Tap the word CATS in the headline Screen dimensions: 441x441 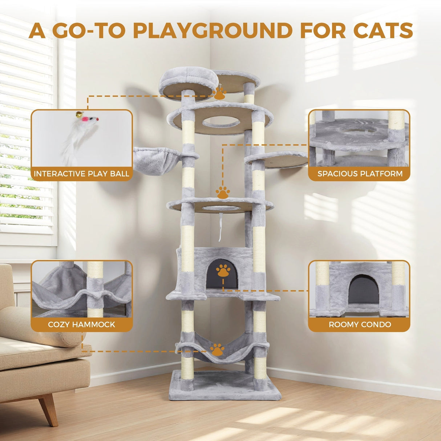383,31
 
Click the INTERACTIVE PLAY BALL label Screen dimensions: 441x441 82,174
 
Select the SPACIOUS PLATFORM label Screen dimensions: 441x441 360,174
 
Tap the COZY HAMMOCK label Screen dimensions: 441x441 82,324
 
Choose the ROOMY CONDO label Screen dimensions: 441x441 360,324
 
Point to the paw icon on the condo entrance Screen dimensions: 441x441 223,271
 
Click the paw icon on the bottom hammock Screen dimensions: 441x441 217,350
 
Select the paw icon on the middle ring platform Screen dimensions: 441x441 222,193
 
